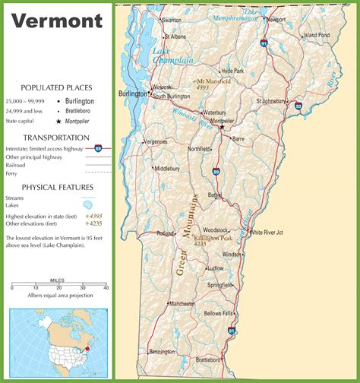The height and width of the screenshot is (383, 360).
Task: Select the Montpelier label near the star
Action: tap(221, 121)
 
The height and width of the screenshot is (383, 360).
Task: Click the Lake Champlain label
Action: tap(172, 55)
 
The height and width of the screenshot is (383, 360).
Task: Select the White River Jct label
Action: tap(269, 232)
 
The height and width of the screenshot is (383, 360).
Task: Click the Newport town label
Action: tap(276, 20)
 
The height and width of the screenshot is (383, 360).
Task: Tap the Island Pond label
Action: tap(317, 35)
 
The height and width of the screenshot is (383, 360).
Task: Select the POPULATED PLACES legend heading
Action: tap(56, 87)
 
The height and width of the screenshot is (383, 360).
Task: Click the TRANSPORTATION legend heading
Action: tap(56, 138)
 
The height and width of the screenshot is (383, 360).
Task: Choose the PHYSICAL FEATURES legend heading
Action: tap(57, 187)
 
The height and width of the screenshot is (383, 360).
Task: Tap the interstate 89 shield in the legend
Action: tap(99, 149)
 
